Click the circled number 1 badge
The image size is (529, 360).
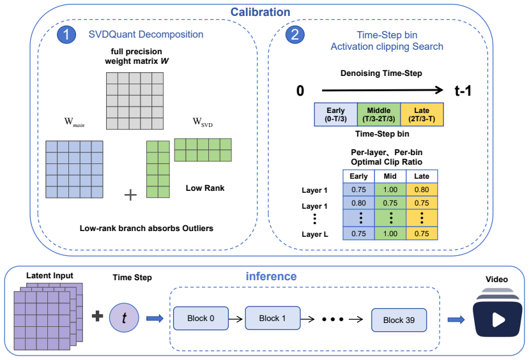coord(66,34)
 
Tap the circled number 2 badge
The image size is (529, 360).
coord(295,34)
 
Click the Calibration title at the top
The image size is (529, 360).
coord(260,12)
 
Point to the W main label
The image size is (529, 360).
coord(74,122)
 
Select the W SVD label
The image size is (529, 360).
coord(203,122)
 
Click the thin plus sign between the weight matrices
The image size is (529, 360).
coord(130,195)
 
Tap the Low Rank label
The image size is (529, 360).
coord(205,188)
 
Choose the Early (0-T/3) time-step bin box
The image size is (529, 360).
coord(335,115)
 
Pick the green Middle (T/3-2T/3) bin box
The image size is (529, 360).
coord(379,115)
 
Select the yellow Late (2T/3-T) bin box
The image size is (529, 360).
coord(422,115)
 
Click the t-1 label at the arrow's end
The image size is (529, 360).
coord(463,91)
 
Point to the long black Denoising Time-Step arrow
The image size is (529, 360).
coord(383,90)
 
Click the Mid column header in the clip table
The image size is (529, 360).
coord(390,176)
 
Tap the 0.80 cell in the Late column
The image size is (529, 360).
coord(422,190)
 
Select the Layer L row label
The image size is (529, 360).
coord(315,234)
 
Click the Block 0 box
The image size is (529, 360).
coord(201,319)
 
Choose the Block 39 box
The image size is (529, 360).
coord(399,320)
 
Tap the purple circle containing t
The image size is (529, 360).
coord(124,317)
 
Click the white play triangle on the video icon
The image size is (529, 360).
coord(498,320)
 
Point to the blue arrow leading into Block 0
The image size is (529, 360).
coord(155,319)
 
